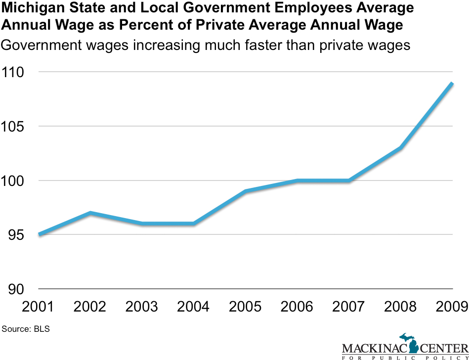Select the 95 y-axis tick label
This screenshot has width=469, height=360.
pyautogui.click(x=15, y=235)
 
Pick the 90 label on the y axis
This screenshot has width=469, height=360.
pyautogui.click(x=15, y=289)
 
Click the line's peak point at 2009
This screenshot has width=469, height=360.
pyautogui.click(x=452, y=83)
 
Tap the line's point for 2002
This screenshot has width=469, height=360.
pyautogui.click(x=90, y=213)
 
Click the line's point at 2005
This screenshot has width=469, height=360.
pyautogui.click(x=246, y=191)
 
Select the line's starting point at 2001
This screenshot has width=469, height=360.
pyautogui.click(x=39, y=234)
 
